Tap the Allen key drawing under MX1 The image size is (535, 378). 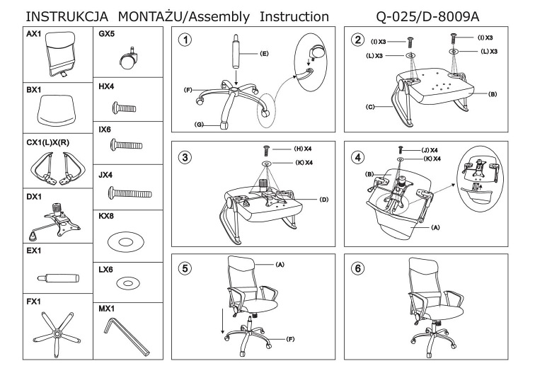[x=127, y=336]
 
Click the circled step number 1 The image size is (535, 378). [x=185, y=40]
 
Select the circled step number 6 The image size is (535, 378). [x=357, y=271]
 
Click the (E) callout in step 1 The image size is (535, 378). [x=264, y=53]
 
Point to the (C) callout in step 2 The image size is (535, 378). [x=369, y=107]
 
